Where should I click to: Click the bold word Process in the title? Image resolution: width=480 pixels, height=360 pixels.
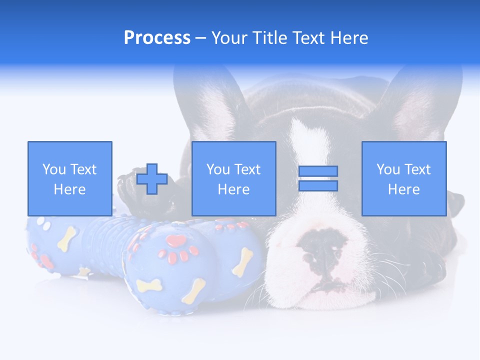coord(157,37)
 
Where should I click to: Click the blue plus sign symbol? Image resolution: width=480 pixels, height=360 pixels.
coord(152,179)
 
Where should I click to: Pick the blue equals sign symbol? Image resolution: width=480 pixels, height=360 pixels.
coord(318,178)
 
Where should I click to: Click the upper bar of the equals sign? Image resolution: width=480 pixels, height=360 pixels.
coord(318,171)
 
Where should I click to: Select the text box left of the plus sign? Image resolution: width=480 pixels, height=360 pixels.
coord(69,178)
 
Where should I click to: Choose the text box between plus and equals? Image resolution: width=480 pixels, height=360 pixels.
coord(233,178)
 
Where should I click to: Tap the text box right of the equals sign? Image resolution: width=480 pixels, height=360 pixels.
coord(403,178)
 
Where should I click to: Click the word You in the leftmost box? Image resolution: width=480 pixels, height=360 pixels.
coord(54,169)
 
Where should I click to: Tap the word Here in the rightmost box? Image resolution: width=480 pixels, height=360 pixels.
coord(403,189)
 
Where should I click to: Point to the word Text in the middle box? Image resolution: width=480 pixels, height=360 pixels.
coord(247,169)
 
